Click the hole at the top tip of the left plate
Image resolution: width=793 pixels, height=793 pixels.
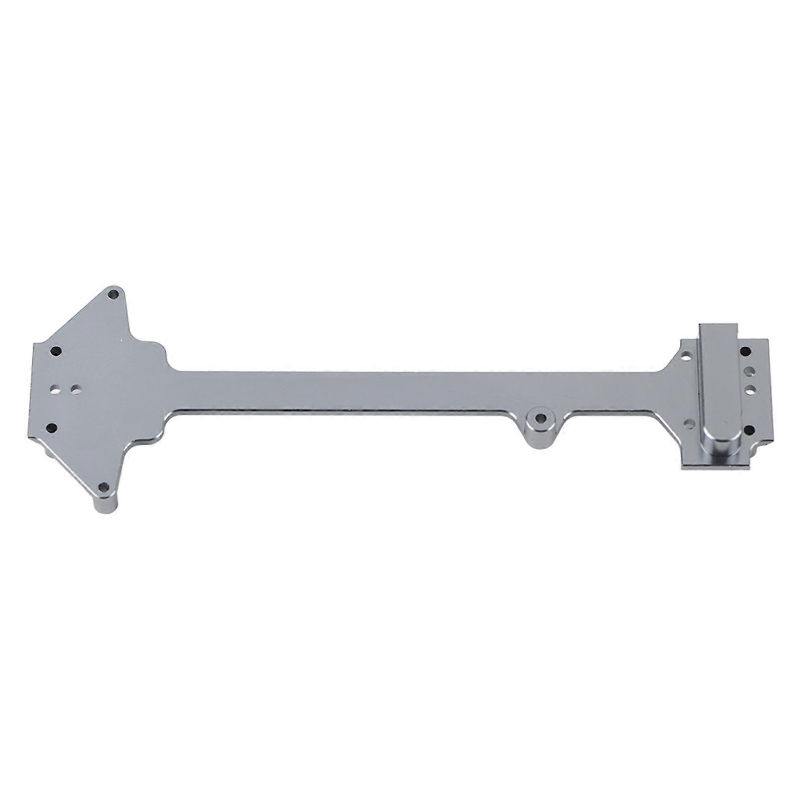tap(114, 294)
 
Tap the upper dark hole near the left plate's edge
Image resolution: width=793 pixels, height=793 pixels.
tap(56, 351)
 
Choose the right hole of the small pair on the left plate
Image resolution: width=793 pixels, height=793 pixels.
tap(76, 389)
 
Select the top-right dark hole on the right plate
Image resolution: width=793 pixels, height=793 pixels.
tap(745, 351)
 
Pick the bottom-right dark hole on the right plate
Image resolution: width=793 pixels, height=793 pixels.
tap(750, 429)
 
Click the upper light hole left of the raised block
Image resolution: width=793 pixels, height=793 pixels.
tap(686, 356)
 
